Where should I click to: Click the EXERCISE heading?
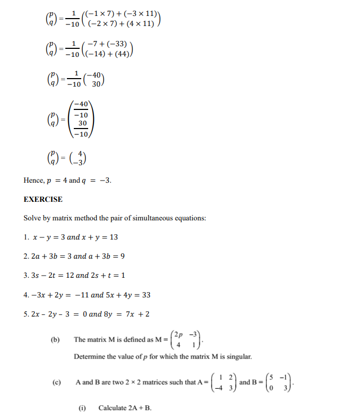(43, 199)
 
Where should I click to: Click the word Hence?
(34, 180)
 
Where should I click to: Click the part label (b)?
(55, 339)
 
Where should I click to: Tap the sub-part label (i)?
(82, 408)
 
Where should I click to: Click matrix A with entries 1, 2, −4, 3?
(224, 382)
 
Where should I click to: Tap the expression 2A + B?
(140, 408)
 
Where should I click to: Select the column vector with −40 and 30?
(97, 80)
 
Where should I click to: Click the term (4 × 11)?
(140, 24)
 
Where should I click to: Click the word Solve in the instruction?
(32, 218)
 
